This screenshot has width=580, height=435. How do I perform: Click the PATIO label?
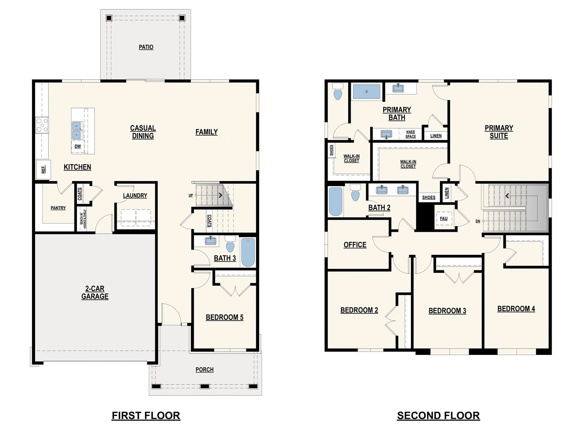click(x=146, y=47)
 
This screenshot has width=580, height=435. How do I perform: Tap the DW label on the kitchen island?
click(x=78, y=146)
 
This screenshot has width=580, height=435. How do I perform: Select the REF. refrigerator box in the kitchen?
click(x=43, y=169)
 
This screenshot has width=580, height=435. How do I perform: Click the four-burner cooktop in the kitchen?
click(x=42, y=125)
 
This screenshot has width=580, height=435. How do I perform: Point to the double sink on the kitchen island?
click(x=77, y=131)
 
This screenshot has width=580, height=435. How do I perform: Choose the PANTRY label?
click(x=58, y=208)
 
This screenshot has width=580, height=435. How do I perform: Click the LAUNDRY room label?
click(x=135, y=196)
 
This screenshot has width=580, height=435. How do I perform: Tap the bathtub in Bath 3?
click(x=248, y=253)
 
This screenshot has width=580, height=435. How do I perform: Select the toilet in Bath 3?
click(x=230, y=244)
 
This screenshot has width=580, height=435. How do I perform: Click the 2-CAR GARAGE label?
click(x=95, y=292)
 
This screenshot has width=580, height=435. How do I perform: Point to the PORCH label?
click(x=205, y=370)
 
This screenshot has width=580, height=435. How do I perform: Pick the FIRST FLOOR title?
click(x=146, y=415)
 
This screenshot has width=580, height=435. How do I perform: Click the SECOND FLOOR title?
click(x=438, y=415)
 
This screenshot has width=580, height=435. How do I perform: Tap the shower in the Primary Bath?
click(x=367, y=91)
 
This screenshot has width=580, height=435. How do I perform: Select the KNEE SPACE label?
click(x=410, y=134)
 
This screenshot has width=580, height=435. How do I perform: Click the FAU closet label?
click(x=444, y=218)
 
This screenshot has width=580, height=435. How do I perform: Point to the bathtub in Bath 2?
click(x=336, y=202)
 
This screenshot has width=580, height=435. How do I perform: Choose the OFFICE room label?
click(x=355, y=245)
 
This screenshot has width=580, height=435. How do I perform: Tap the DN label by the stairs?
click(x=478, y=221)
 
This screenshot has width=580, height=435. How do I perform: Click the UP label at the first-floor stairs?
click(x=191, y=196)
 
